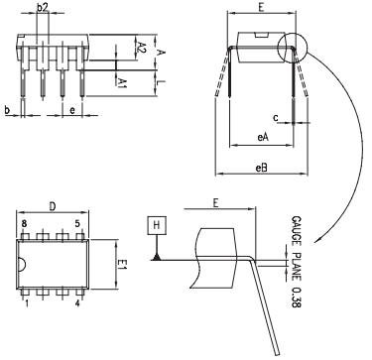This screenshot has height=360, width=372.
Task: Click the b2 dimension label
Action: pos(43,8)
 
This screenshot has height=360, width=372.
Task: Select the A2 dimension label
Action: pos(143,48)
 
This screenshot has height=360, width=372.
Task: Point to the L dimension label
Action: pos(163,85)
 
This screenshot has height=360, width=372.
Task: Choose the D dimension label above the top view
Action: pos(53,208)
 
